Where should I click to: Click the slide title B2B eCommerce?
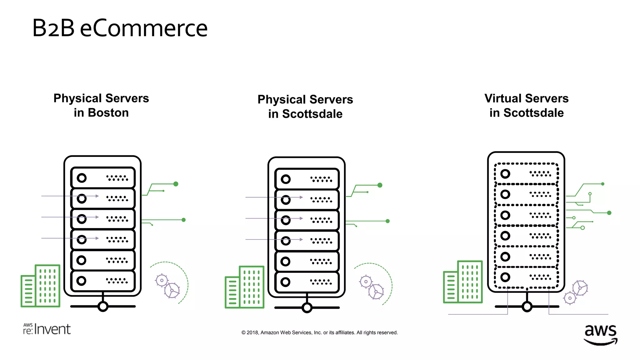click(x=120, y=28)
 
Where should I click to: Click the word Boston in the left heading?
click(x=108, y=113)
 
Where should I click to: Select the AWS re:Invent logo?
click(x=47, y=329)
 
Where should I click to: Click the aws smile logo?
click(x=600, y=334)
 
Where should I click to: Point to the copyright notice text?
click(x=319, y=332)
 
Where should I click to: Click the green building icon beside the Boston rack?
click(x=40, y=286)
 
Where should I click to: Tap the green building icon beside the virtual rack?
click(x=463, y=282)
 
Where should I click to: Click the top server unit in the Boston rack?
click(x=103, y=178)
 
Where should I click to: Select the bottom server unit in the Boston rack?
click(x=103, y=281)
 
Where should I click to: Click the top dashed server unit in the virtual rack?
click(x=526, y=174)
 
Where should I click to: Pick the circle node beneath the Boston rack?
click(x=103, y=307)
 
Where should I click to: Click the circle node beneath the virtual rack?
click(x=527, y=307)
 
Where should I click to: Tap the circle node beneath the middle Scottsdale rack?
click(x=307, y=308)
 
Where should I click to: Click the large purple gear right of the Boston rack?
click(x=172, y=290)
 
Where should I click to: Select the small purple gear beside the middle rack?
click(x=366, y=282)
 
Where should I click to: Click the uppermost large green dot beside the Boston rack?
click(x=176, y=184)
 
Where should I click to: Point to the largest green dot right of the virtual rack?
click(x=609, y=213)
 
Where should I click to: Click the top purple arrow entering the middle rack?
click(x=274, y=197)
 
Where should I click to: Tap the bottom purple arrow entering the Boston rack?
click(x=70, y=238)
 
